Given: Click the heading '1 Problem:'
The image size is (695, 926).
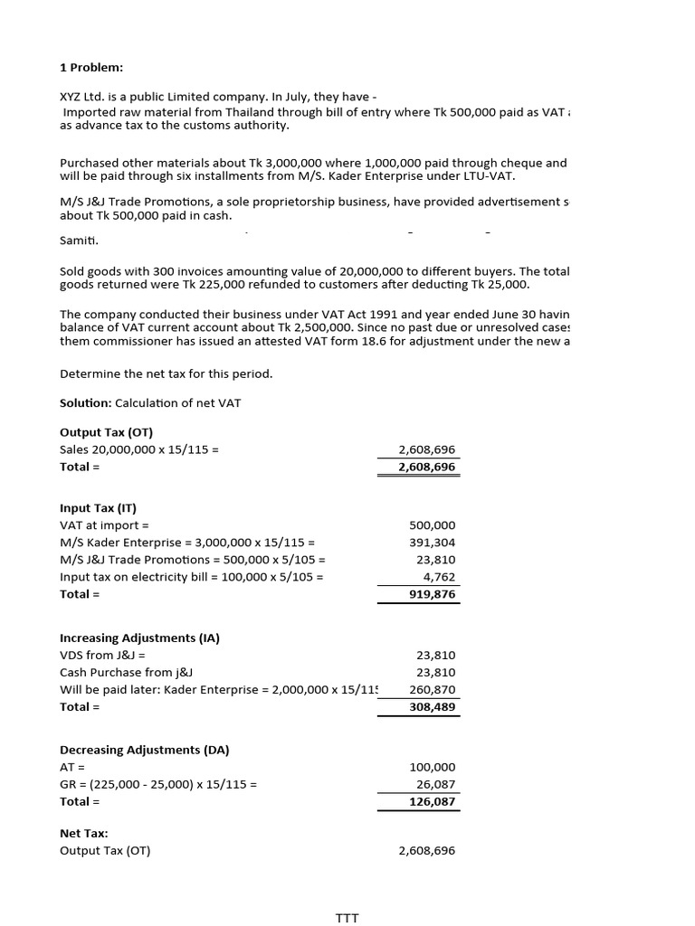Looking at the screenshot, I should tap(91, 67).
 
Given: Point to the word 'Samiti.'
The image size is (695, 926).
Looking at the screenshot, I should tap(80, 241).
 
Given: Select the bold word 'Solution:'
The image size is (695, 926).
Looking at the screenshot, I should tap(86, 402).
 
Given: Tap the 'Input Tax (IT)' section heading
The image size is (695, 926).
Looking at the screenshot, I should tap(98, 507).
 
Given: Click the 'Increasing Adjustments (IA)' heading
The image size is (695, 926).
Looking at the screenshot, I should tap(139, 638).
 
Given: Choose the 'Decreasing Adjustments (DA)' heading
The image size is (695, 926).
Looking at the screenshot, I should tap(144, 750).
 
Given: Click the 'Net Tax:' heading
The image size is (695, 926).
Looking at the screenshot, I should tap(84, 833).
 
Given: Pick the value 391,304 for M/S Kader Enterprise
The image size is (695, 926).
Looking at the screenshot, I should tap(433, 543).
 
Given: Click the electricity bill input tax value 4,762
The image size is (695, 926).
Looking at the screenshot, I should tap(440, 577).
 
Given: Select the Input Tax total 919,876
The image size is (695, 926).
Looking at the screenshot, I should tap(433, 594).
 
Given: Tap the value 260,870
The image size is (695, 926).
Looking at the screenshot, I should tap(433, 689).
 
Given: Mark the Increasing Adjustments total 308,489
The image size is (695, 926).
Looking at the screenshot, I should tap(433, 706).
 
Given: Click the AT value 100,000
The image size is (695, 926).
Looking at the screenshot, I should tap(433, 767).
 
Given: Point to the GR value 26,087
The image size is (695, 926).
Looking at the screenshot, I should tap(436, 784).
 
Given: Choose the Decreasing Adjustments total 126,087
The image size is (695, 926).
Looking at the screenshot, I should tap(433, 801).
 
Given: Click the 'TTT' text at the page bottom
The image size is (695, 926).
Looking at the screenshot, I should tap(347, 918).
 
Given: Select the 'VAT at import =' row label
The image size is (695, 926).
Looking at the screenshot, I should tap(104, 524).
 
